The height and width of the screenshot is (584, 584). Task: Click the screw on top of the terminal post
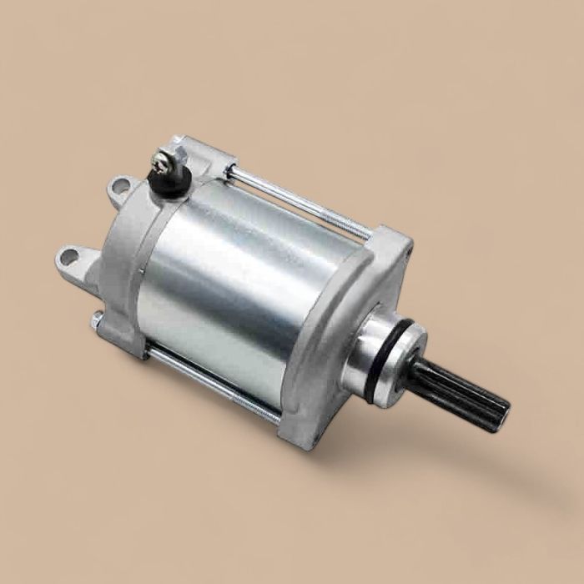[x=161, y=157]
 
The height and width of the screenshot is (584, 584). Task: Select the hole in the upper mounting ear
[x=120, y=185]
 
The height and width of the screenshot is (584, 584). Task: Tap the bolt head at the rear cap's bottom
[x=98, y=320]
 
